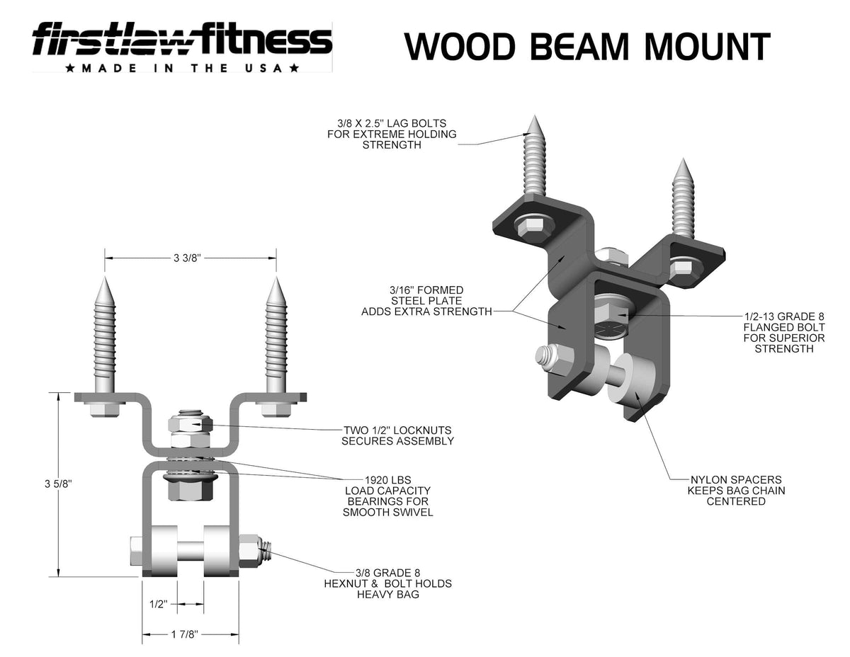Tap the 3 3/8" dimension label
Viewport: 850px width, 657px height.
188,258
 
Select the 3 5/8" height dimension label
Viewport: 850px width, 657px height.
58,484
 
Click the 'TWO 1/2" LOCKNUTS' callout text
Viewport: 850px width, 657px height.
397,435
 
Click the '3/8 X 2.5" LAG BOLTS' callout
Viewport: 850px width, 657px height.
392,134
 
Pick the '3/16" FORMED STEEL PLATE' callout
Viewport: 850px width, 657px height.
426,301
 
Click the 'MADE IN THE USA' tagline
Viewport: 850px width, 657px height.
181,68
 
